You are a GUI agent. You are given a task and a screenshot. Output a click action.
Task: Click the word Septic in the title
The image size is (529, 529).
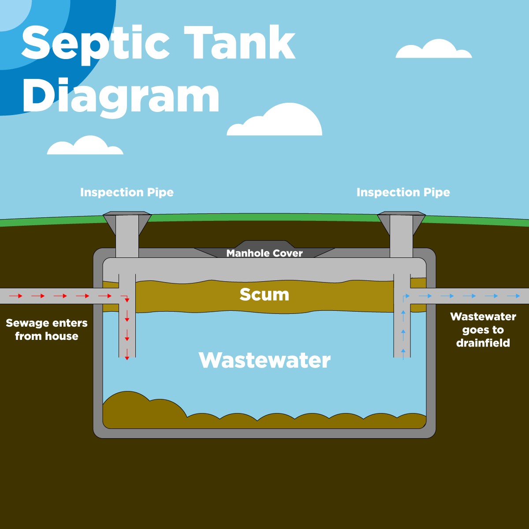(x=95, y=44)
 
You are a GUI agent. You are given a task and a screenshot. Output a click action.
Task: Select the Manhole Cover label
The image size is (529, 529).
(x=264, y=253)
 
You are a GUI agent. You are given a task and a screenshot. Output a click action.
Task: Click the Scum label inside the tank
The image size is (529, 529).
(x=264, y=294)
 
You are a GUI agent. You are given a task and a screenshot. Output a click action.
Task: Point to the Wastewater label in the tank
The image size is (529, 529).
(x=264, y=360)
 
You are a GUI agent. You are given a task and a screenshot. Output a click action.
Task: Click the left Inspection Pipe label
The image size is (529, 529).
(x=127, y=193)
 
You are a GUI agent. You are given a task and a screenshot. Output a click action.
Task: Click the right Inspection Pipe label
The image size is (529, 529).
(x=403, y=193)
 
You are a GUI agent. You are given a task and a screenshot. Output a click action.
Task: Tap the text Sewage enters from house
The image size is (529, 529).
(x=47, y=329)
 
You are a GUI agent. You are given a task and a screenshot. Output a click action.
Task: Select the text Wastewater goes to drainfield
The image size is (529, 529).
(x=483, y=330)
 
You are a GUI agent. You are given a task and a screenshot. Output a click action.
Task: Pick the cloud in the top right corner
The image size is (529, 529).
(x=434, y=50)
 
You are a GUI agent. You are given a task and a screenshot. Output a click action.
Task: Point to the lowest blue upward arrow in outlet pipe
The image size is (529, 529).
(x=403, y=351)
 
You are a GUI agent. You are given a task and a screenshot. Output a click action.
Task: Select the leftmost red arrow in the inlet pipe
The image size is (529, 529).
(x=16, y=296)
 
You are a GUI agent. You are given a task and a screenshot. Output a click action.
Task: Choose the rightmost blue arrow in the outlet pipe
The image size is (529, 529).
(x=514, y=296)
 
